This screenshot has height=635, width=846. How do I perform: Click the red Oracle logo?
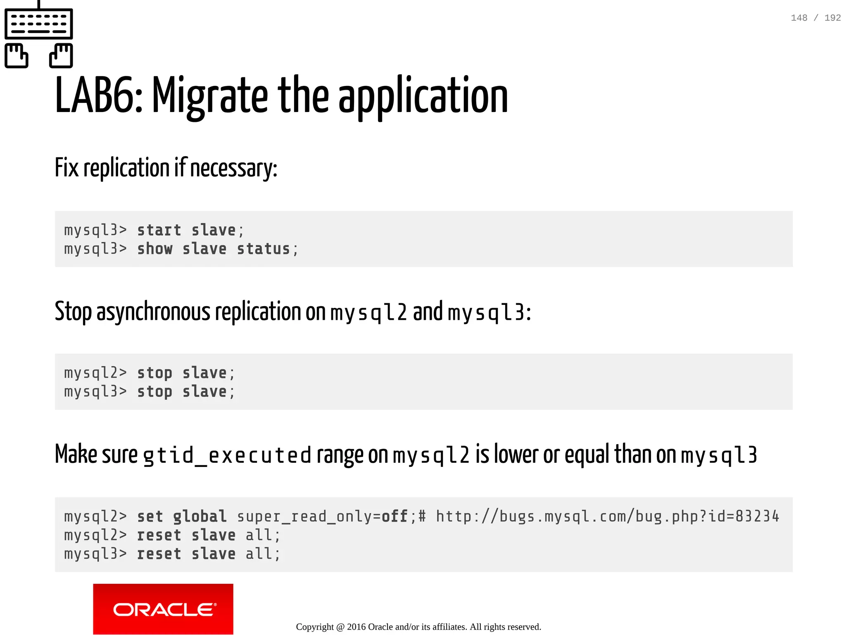point(163,609)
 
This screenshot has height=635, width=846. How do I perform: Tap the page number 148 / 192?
point(815,18)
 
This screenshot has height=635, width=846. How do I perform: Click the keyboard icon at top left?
point(39,24)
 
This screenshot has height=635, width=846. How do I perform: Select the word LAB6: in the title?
point(99,96)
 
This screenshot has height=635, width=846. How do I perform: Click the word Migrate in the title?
point(210,96)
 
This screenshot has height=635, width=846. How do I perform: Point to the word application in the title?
point(423,96)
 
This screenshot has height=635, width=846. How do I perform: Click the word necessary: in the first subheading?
point(233,168)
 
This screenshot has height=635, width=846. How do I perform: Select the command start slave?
point(190,230)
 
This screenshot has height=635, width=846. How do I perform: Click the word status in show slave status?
point(264,249)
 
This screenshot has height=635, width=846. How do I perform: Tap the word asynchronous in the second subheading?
point(153,312)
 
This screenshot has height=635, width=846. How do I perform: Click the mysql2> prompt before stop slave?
point(95,373)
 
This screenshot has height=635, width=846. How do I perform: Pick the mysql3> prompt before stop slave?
point(95,391)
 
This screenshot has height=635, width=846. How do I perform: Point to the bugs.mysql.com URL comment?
point(607,516)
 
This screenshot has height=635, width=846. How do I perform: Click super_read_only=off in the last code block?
point(322,516)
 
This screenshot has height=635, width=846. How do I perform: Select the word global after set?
point(200,516)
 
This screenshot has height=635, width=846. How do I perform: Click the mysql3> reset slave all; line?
point(172,554)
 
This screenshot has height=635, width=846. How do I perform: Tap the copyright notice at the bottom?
point(418,627)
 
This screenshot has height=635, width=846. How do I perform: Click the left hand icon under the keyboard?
point(17,56)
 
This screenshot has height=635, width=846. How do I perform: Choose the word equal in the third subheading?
point(587,454)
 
